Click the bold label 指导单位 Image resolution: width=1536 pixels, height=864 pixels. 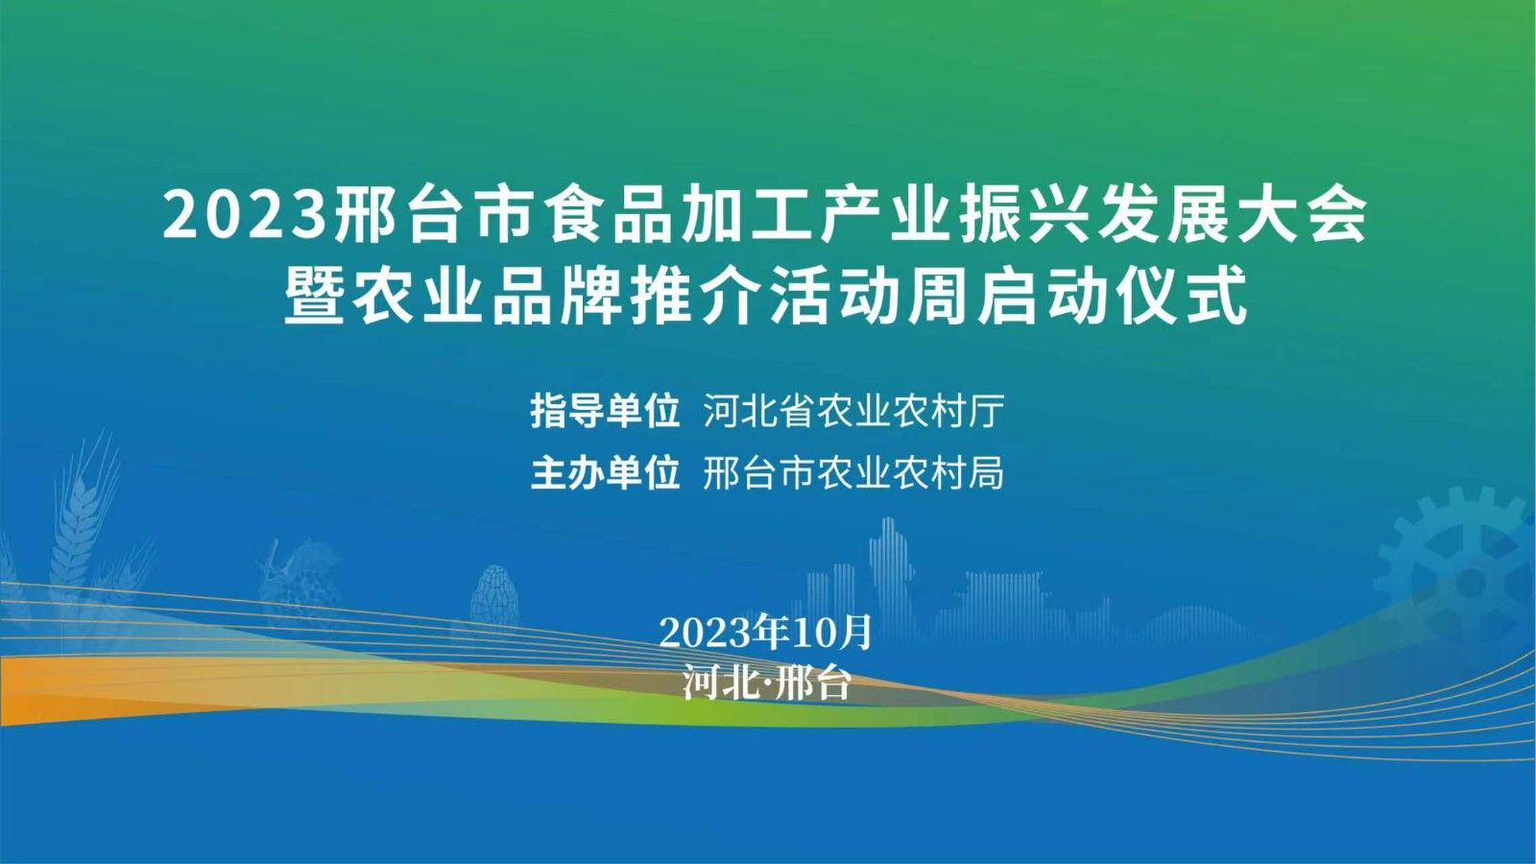click(605, 411)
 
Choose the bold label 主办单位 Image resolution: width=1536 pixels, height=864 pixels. click(605, 472)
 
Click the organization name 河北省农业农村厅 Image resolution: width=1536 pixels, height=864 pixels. click(853, 411)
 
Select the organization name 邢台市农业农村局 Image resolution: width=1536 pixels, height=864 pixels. click(853, 472)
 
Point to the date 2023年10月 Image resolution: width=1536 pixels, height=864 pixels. click(765, 632)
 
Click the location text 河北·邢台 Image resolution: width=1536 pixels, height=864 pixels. click(767, 683)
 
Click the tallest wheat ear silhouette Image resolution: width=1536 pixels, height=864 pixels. click(83, 521)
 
